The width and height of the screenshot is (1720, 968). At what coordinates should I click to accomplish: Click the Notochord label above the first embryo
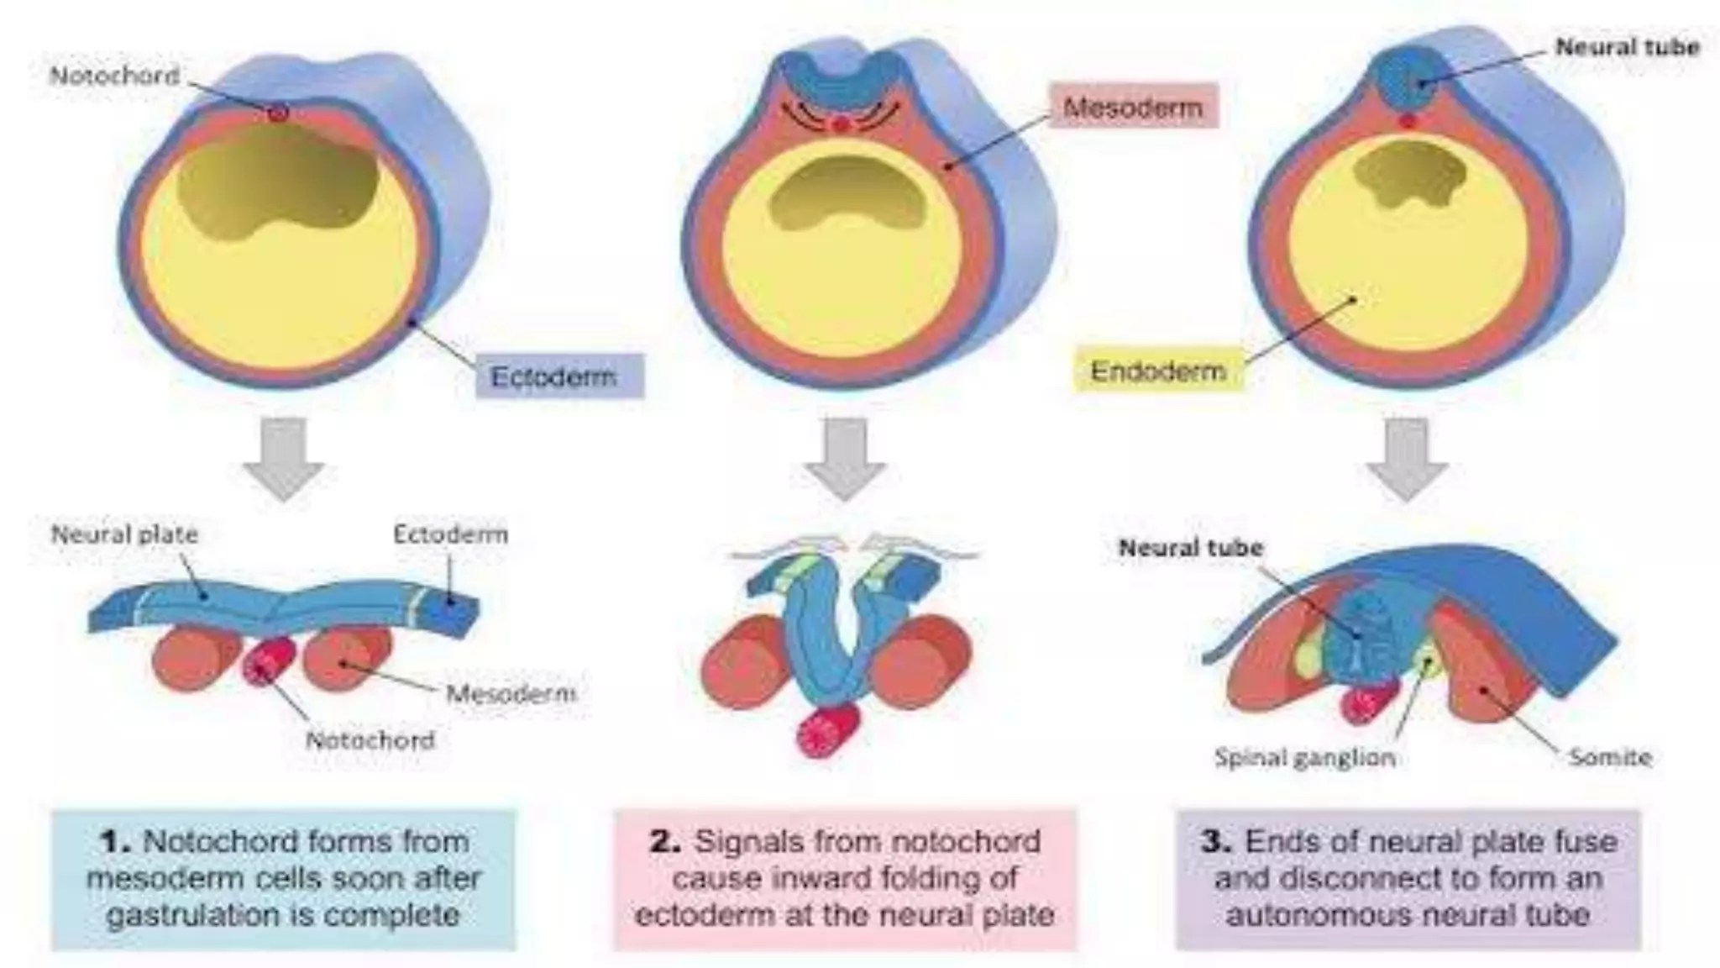pyautogui.click(x=115, y=76)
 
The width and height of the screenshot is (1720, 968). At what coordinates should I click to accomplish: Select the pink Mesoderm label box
pyautogui.click(x=1132, y=107)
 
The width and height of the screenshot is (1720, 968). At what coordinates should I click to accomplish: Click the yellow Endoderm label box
pyautogui.click(x=1158, y=371)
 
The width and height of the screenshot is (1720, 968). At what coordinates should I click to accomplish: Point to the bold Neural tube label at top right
pyautogui.click(x=1627, y=47)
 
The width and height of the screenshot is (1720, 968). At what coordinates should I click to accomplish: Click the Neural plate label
pyautogui.click(x=124, y=534)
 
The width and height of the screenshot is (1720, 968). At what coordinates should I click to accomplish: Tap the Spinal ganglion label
pyautogui.click(x=1304, y=757)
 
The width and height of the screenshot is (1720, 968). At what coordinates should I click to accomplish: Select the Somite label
pyautogui.click(x=1610, y=757)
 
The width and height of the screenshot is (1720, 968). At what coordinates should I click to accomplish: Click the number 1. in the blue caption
pyautogui.click(x=116, y=841)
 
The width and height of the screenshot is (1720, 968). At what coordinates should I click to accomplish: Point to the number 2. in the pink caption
pyautogui.click(x=665, y=841)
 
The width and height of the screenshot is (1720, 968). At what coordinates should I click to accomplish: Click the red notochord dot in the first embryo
pyautogui.click(x=279, y=113)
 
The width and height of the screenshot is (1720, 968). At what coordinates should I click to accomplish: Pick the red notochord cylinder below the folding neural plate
pyautogui.click(x=829, y=730)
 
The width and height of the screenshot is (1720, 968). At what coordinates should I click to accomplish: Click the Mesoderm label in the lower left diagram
pyautogui.click(x=511, y=694)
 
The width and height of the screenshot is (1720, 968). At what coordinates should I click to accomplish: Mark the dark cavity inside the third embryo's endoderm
pyautogui.click(x=1409, y=174)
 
